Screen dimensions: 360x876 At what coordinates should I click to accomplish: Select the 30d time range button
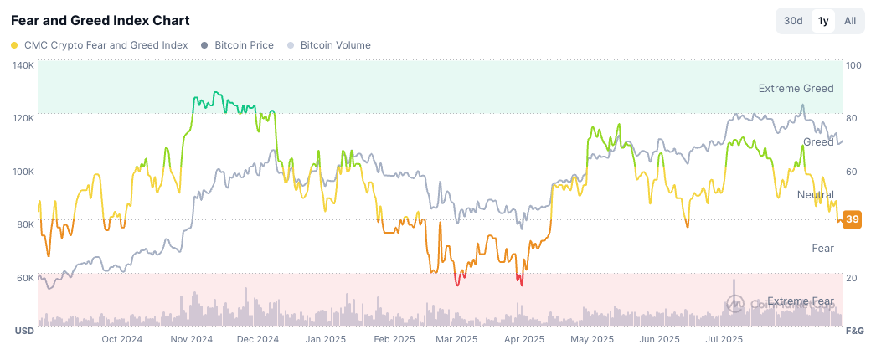click(793, 21)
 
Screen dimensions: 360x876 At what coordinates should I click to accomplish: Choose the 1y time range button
click(823, 21)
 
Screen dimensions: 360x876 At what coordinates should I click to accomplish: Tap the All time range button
click(850, 21)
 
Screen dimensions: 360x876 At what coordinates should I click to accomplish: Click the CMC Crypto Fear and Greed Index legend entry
click(99, 45)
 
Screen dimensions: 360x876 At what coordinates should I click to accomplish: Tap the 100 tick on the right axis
click(854, 64)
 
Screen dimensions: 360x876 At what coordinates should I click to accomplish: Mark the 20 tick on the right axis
click(852, 277)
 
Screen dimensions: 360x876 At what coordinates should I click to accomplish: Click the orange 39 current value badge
click(852, 219)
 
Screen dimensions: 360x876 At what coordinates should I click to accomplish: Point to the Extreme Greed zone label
click(796, 88)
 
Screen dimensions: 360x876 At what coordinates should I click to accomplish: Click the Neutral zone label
click(815, 194)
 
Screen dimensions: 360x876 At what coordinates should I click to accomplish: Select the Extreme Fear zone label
click(800, 301)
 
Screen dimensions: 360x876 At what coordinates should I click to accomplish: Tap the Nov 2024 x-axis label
click(192, 339)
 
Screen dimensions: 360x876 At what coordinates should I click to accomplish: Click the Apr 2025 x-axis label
click(523, 339)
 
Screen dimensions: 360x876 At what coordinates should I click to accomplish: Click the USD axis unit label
click(23, 332)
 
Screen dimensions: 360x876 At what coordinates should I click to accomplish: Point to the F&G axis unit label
click(854, 332)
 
